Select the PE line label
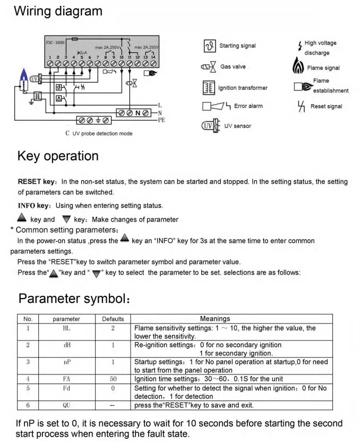tap(161, 120)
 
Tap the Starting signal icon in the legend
tap(209, 46)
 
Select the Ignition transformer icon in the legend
tap(209, 87)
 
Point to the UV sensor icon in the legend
tap(209, 126)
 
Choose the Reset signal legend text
tap(326, 106)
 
